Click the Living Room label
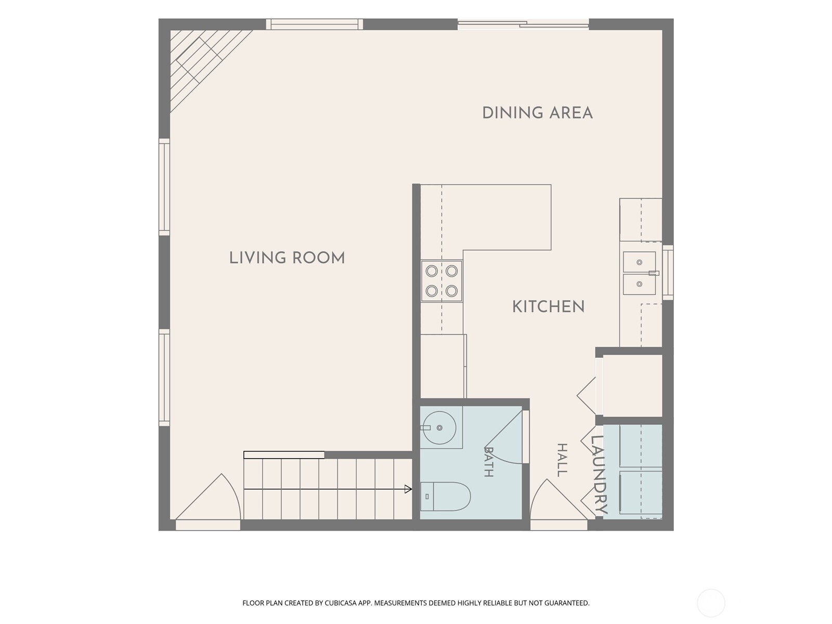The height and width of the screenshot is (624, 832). [287, 257]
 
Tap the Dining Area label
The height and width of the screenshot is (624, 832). [537, 113]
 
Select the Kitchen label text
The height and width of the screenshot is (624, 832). [548, 306]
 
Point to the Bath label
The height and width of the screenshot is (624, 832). [489, 461]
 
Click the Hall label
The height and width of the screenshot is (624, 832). [562, 460]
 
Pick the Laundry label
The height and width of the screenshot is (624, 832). [599, 475]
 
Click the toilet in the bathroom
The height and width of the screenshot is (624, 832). [445, 496]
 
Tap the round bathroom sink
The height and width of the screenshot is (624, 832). [439, 428]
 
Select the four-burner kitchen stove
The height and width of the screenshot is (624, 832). [441, 281]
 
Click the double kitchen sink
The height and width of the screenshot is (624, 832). [640, 273]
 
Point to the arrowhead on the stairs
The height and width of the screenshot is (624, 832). [408, 489]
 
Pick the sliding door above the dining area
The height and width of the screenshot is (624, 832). [523, 24]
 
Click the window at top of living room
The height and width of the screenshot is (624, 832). [314, 24]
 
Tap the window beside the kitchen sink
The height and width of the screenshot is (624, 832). [668, 273]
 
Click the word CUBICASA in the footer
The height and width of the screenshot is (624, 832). [340, 603]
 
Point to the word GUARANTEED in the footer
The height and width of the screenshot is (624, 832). [566, 603]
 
